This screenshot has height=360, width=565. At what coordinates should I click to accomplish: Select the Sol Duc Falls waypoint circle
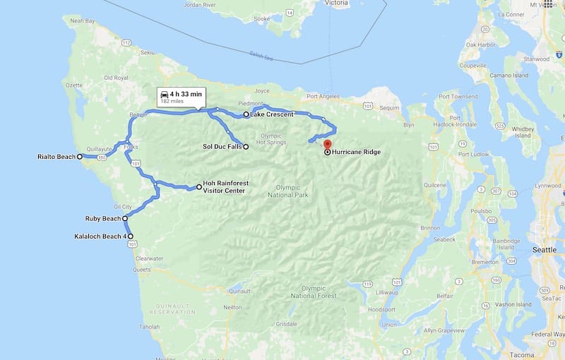pos(246,147)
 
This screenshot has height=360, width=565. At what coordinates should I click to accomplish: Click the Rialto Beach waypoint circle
pos(80,157)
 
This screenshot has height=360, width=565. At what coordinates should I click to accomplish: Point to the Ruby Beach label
pos(102,219)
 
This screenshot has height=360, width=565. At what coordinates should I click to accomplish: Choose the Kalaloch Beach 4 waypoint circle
pos(130,236)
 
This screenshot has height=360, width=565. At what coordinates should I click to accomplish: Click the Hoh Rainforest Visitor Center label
pos(226,186)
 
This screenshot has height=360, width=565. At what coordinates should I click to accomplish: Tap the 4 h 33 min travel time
pos(186,94)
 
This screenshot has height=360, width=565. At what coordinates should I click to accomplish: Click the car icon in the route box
pos(165,94)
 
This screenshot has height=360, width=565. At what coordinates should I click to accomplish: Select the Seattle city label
pos(545,250)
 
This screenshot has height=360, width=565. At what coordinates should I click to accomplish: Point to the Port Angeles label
pos(323,96)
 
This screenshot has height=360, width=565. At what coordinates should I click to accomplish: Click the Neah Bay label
pos(82,21)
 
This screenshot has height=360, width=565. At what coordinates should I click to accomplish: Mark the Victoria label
pos(336,3)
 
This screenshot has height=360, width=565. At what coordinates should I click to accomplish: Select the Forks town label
pos(131,147)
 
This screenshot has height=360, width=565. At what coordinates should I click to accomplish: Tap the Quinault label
pos(240,291)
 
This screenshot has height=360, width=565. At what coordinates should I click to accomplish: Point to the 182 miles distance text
pos(172,102)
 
